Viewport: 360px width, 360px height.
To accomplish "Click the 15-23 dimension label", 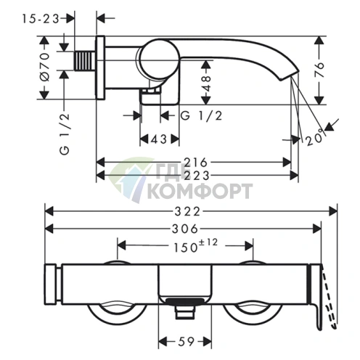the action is point(41,19).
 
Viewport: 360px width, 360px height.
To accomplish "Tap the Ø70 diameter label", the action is point(44,67).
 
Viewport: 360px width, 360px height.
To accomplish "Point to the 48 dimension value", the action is point(205,83).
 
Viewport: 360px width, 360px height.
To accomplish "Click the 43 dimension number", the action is point(159,139).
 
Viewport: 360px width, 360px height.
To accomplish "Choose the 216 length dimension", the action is point(196,163).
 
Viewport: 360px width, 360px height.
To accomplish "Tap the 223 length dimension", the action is point(197,176).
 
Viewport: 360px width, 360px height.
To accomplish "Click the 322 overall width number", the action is point(187,212).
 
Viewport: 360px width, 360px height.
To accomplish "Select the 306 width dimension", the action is point(185,229).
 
